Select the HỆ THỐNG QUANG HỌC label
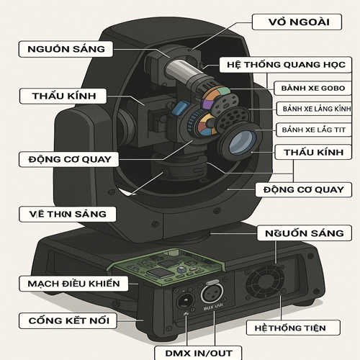click(x=285, y=63)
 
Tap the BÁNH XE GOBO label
click(x=313, y=88)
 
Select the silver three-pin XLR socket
click(x=214, y=295)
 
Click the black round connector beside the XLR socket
click(x=185, y=299)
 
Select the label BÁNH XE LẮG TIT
click(x=313, y=130)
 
